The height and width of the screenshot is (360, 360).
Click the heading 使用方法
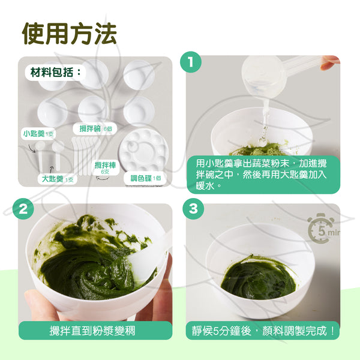point(70,34)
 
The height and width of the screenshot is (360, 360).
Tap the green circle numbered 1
point(191,62)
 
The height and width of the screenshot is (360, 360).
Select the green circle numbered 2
point(23,209)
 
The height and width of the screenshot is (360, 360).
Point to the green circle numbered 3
point(193,209)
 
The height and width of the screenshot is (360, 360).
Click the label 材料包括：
point(56,72)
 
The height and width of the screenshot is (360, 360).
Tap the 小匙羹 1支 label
point(38,133)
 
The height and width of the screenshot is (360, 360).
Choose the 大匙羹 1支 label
point(58,179)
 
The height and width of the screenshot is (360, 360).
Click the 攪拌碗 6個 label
point(95,129)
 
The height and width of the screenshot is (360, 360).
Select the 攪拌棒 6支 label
point(105,167)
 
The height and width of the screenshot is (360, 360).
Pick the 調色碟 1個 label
point(145,178)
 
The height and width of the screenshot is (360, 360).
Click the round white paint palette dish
point(144,151)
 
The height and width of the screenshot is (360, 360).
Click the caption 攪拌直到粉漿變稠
point(92,331)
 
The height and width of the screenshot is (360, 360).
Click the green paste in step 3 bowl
point(258,277)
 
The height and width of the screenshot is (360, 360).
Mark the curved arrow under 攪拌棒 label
point(103,178)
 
